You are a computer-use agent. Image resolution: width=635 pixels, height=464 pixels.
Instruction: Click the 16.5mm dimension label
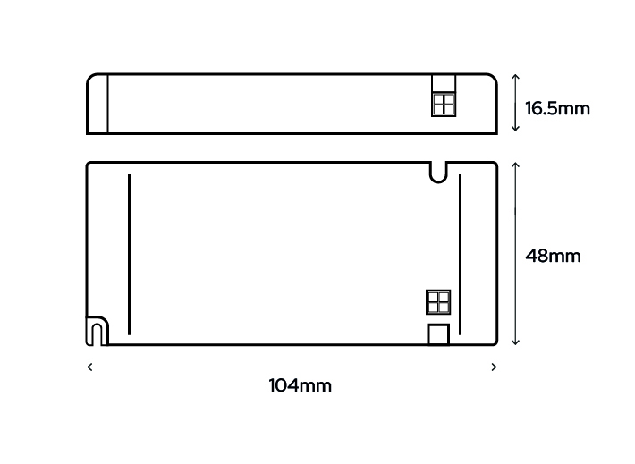557,108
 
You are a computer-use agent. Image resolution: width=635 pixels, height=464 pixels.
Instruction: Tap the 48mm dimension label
553,256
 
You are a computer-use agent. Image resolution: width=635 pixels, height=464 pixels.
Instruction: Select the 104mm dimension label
301,385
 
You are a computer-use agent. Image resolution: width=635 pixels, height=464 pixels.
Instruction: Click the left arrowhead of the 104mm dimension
90,367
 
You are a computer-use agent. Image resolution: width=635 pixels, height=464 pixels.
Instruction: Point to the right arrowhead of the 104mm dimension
494,367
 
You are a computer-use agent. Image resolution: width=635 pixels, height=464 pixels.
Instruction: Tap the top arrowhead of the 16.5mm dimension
515,77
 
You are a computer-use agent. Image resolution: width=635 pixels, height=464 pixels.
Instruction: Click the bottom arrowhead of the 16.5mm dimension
515,129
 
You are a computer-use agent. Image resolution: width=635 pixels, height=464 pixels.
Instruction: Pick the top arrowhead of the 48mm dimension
515,165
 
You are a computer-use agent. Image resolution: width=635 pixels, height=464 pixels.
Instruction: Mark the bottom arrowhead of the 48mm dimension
515,342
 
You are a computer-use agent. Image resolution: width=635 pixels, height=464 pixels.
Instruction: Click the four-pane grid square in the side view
444,105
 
